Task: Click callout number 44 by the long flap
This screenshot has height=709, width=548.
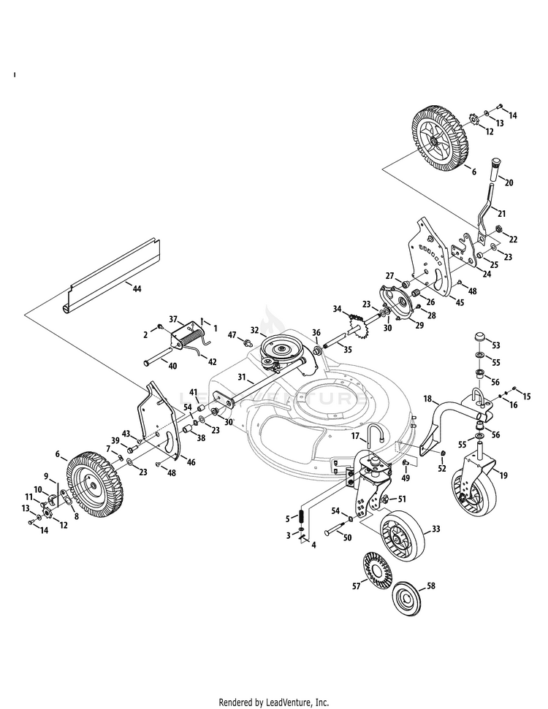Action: (x=137, y=289)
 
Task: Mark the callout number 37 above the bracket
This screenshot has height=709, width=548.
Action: (x=174, y=319)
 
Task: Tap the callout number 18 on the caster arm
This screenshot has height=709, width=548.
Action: (x=430, y=399)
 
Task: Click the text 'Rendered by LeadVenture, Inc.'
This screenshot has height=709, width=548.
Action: (x=274, y=702)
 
